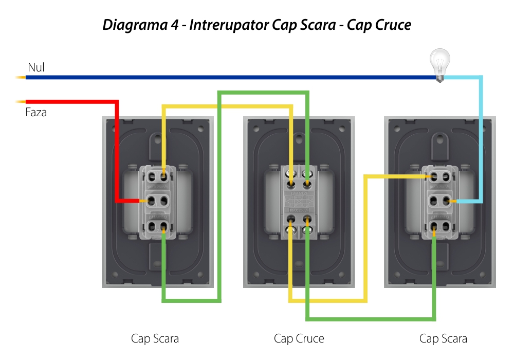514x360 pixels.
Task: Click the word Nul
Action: pyautogui.click(x=36, y=67)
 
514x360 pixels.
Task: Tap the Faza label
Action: pyautogui.click(x=36, y=112)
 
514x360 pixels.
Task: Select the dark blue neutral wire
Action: pyautogui.click(x=231, y=78)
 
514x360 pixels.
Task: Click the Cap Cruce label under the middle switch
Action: pyautogui.click(x=299, y=338)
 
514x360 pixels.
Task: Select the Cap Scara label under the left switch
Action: pyautogui.click(x=155, y=338)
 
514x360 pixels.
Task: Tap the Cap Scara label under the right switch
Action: pyautogui.click(x=443, y=338)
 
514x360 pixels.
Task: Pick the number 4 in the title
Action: pyautogui.click(x=176, y=25)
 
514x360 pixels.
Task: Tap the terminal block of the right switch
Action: pyautogui.click(x=440, y=201)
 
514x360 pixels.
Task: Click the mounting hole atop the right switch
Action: pyautogui.click(x=440, y=139)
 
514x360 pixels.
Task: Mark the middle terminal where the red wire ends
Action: pyautogui.click(x=152, y=201)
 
